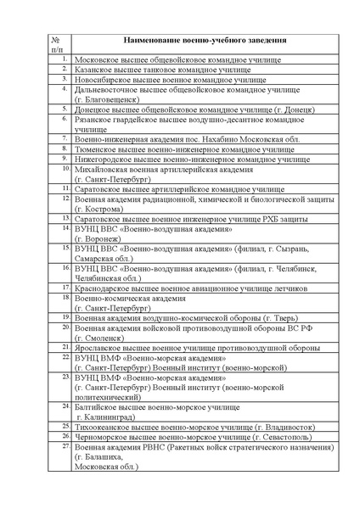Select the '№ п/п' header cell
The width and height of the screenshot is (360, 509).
tap(55, 45)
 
